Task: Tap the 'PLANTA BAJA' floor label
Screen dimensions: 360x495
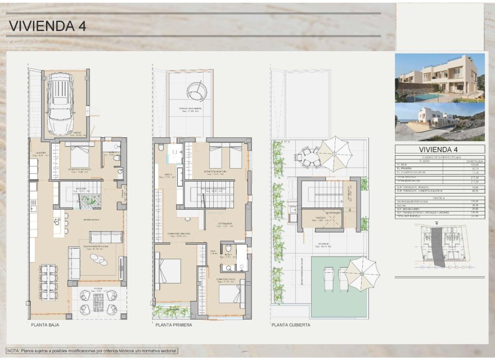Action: pos(45,325)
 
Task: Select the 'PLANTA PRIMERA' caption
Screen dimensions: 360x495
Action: pos(173,325)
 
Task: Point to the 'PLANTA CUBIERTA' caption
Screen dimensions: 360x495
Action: pos(290,325)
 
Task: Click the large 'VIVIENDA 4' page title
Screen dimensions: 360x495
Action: pos(48,26)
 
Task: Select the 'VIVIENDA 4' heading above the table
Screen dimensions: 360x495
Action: pos(439,149)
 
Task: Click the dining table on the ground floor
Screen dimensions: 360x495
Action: pos(49,281)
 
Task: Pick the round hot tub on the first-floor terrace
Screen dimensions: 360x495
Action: pos(197,89)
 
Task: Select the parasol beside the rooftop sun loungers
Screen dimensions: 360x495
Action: pos(362,273)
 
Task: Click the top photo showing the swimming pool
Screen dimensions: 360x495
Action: pos(439,78)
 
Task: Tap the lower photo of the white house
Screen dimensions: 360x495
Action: pos(439,121)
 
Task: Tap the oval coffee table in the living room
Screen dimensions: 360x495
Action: pos(98,259)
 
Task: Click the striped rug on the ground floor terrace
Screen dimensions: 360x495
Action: pos(98,303)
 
